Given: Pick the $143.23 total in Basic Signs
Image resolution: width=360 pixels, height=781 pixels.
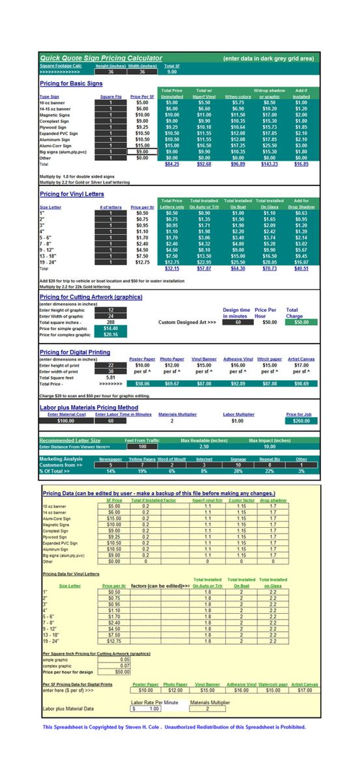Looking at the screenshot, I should [269, 164].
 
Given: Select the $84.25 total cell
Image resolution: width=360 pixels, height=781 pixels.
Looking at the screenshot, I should [171, 164].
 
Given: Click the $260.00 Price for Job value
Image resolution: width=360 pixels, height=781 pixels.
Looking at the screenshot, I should [301, 421].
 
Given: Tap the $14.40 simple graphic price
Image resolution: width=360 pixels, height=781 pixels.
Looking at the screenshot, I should [111, 329].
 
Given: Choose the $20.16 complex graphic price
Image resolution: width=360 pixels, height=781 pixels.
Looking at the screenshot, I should [111, 335].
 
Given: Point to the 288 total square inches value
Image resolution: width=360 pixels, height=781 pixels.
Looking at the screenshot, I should [111, 322].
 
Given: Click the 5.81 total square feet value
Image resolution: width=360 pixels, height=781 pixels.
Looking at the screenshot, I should [111, 377].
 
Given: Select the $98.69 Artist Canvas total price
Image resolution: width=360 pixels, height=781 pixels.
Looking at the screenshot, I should [301, 384].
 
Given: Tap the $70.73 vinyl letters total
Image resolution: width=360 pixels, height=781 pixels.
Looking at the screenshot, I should [269, 268].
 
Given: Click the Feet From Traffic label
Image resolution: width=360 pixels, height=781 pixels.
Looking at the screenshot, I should [143, 441].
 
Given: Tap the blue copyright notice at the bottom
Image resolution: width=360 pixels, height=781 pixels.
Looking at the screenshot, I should [174, 727].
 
